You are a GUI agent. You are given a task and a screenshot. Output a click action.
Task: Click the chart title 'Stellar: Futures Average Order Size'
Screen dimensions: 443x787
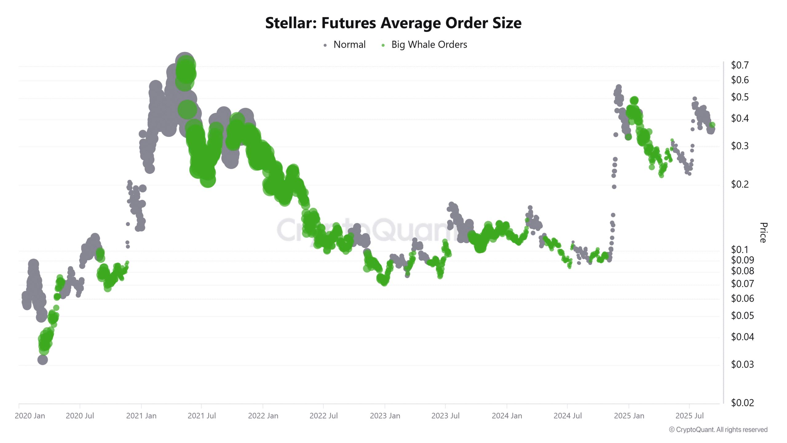[x=393, y=23]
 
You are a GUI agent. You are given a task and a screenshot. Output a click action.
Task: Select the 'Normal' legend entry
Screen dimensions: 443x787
[x=350, y=45]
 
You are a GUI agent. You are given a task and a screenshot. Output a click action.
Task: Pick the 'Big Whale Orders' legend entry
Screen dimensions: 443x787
[x=429, y=45]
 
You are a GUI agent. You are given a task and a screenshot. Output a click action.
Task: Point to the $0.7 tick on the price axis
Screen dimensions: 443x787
[x=740, y=65]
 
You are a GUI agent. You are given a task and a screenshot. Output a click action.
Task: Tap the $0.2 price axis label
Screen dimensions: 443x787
[x=740, y=184]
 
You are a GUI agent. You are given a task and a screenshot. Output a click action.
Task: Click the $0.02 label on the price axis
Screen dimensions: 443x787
[x=742, y=403]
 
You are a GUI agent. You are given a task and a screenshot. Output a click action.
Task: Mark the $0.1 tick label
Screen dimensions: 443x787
[x=740, y=249]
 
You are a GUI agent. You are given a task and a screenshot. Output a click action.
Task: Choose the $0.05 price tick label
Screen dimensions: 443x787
[x=742, y=316]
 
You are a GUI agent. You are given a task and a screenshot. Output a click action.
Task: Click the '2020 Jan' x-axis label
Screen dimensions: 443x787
[x=30, y=416]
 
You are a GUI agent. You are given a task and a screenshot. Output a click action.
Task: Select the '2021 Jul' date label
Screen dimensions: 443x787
[x=202, y=416]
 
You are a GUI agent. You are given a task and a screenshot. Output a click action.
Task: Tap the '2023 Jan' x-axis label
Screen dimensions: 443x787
[x=385, y=416]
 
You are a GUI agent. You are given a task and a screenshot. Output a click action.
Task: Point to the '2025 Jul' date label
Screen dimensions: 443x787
[x=689, y=416]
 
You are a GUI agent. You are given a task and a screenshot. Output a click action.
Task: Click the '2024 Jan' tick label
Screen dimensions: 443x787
[x=507, y=416]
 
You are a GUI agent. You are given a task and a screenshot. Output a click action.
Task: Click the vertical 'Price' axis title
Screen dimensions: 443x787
[x=763, y=233]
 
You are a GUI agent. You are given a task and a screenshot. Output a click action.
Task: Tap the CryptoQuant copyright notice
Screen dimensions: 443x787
[x=718, y=430]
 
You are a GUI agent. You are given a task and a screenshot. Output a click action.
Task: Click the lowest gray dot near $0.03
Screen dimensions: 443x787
[x=43, y=359]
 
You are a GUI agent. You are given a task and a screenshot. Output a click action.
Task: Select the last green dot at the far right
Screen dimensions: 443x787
[x=712, y=125]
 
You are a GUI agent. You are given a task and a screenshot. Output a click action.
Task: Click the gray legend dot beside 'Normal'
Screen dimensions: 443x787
[x=325, y=46]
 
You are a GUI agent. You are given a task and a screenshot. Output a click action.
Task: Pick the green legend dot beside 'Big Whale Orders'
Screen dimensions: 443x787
[x=383, y=46]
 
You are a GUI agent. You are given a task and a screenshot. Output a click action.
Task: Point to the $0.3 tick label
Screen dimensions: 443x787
[x=740, y=146]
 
